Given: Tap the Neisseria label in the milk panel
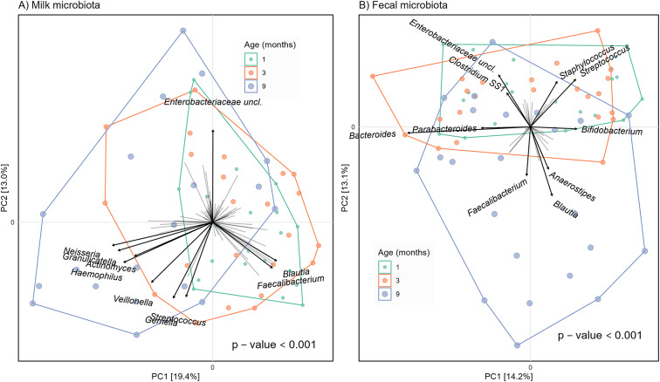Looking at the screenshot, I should point(83,252).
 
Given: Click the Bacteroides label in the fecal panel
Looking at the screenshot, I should point(373,135).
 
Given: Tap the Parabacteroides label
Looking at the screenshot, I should point(444,129).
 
